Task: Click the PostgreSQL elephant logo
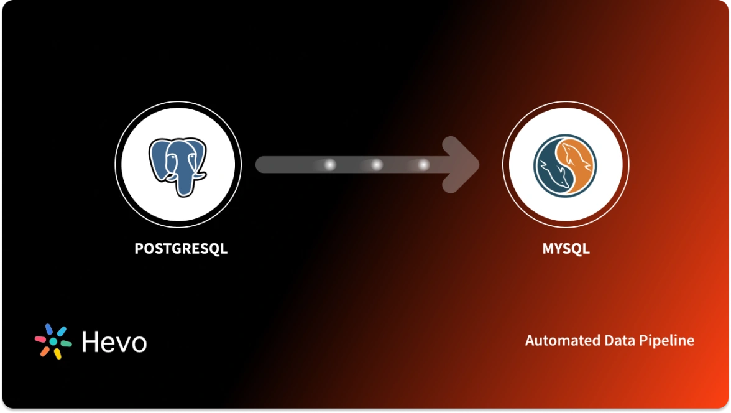[178, 166]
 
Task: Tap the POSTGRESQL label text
[181, 249]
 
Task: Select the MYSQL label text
[566, 249]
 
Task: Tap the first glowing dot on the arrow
[330, 165]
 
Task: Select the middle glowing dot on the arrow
[376, 165]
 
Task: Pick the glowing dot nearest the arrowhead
[423, 165]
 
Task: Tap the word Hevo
[114, 341]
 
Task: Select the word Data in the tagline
[618, 341]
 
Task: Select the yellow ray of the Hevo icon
[57, 353]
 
